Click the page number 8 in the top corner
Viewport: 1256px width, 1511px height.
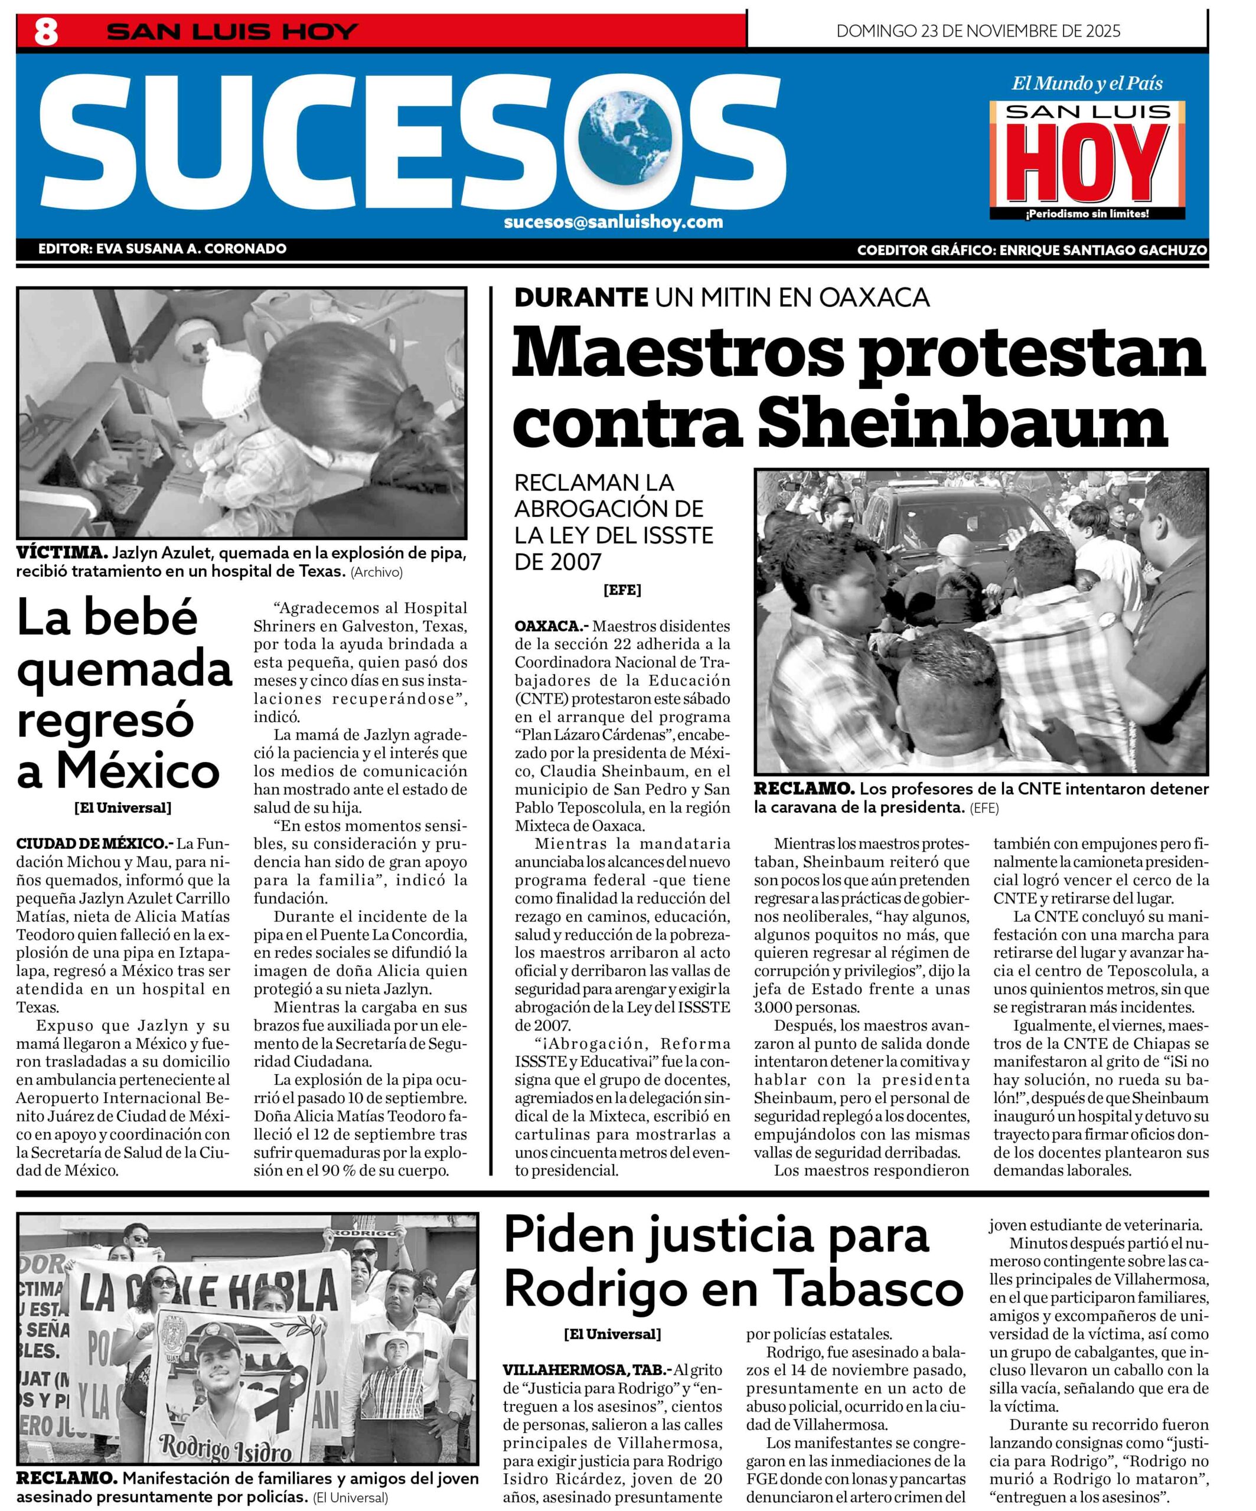(46, 32)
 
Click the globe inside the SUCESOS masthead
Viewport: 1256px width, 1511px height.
(629, 137)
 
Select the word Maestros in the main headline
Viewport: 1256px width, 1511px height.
(678, 352)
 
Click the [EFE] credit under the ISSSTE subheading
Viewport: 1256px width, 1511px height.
(622, 590)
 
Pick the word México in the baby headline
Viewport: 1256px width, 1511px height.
(138, 772)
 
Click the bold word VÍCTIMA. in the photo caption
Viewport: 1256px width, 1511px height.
(62, 553)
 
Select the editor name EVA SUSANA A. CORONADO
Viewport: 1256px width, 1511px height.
(190, 249)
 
